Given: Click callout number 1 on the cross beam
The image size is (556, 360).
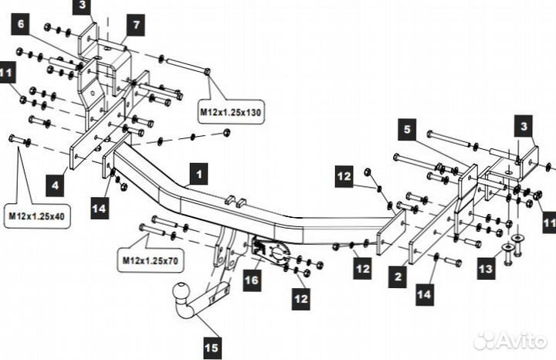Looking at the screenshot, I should coord(199,175).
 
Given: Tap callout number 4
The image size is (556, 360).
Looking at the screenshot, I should coord(55,185).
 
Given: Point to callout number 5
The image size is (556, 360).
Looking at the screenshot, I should coord(408,127).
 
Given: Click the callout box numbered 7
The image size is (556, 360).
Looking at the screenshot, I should coord(136,26).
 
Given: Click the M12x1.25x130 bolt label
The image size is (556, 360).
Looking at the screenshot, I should coord(231,113).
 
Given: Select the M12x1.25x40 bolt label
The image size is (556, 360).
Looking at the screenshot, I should coord(38,216).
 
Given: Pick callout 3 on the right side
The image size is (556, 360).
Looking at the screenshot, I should coord(524,125).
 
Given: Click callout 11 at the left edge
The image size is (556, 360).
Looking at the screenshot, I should coord(7,74).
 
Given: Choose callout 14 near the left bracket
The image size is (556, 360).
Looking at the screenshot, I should coord(99,208).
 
